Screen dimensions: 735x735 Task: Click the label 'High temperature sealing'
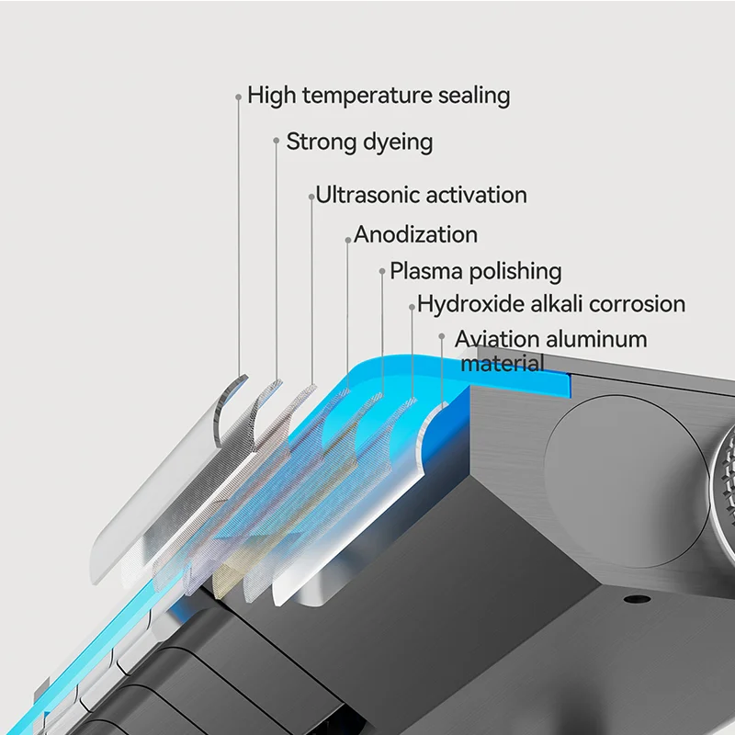379,95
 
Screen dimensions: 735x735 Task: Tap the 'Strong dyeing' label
359,141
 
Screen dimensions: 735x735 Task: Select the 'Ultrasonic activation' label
421,195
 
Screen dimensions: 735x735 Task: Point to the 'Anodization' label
415,234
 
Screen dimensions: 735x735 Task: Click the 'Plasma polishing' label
475,271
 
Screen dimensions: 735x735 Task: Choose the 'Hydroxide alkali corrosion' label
551,304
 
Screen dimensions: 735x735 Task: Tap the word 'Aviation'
495,339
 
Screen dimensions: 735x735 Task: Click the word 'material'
502,363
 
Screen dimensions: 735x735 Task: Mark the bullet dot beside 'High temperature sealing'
238,96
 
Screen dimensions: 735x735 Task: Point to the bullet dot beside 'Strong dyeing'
276,141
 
